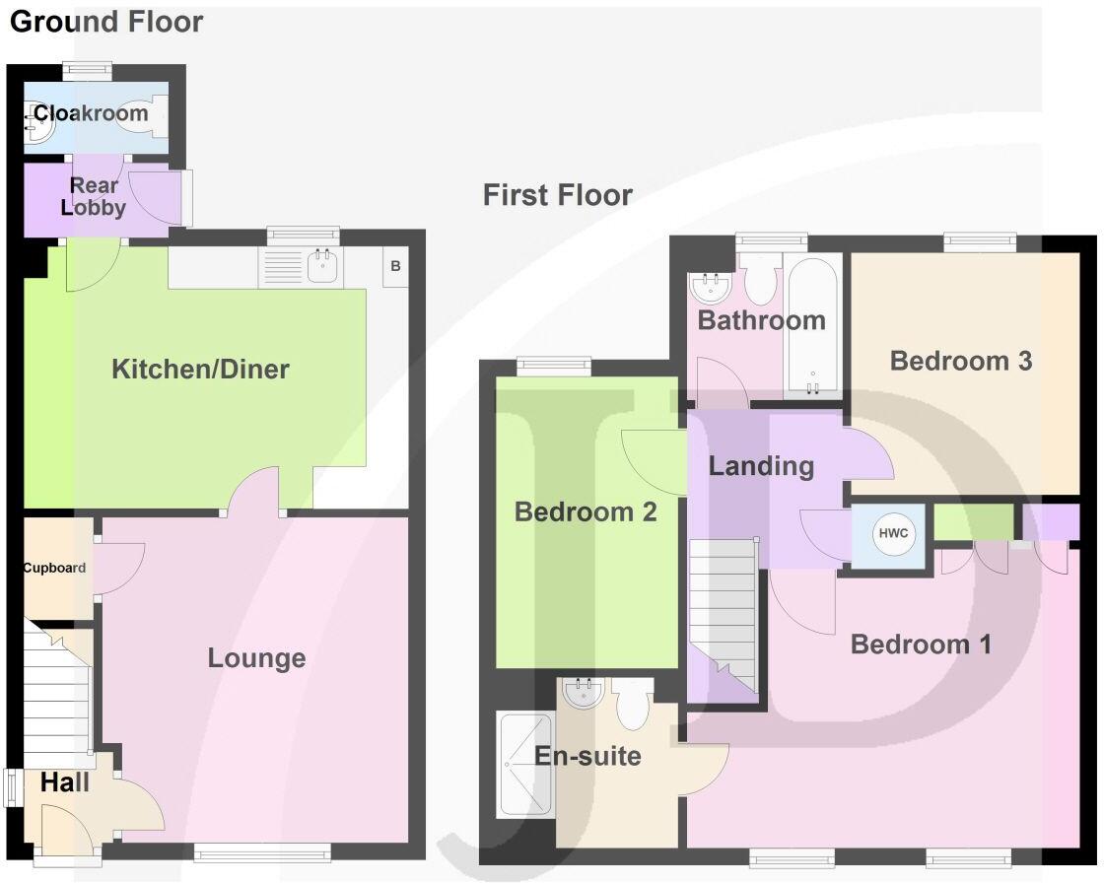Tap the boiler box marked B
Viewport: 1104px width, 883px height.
[x=395, y=266]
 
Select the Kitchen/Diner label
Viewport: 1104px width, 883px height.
[x=200, y=370]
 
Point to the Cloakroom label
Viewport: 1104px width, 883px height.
[x=91, y=113]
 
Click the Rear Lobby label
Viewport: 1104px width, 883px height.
[x=94, y=196]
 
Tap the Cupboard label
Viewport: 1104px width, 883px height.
[x=54, y=568]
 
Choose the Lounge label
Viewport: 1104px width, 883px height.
[x=256, y=658]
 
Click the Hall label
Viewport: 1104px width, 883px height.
[x=65, y=783]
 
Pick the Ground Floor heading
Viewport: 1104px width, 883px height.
[x=106, y=22]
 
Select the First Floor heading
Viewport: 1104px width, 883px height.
[x=557, y=195]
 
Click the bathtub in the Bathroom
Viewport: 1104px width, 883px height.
[x=813, y=325]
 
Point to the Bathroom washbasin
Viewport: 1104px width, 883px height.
[x=710, y=286]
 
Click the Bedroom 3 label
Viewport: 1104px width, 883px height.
[x=960, y=361]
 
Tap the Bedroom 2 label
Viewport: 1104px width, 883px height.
[x=586, y=511]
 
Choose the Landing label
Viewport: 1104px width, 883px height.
[x=761, y=465]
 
